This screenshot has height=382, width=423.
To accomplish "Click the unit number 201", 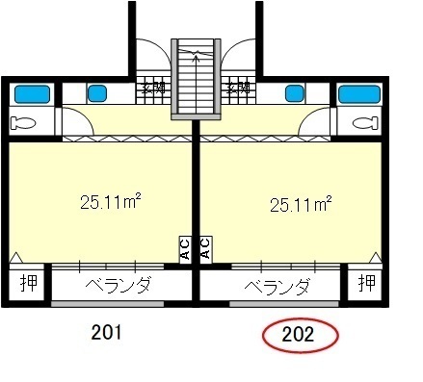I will [106, 334].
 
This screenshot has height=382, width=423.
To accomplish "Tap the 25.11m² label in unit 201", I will [111, 202].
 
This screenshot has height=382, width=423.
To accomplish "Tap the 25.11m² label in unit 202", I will [301, 204].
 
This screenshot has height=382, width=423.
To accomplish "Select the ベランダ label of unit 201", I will [118, 285].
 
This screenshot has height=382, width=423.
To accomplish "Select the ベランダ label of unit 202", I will [277, 286].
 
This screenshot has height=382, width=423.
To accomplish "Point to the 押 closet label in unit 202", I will [366, 284].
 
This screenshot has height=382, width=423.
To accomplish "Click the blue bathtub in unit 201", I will [32, 94].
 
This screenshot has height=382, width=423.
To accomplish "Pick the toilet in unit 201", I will [26, 122].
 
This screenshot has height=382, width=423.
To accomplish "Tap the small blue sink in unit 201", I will [97, 93].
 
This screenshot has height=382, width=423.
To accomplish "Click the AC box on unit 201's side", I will [185, 249].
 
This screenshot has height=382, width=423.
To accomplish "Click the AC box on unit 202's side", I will [205, 249].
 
